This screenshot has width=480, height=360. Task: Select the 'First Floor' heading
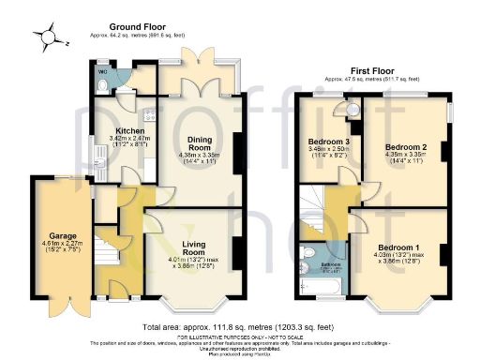pos(370,70)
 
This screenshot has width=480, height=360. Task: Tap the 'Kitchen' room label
pos(128,130)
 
